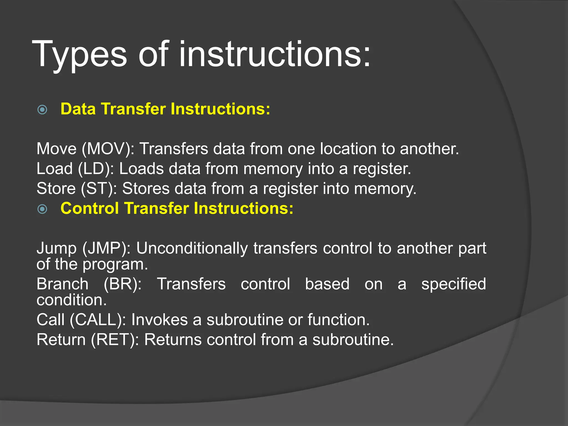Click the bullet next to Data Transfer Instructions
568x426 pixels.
42,110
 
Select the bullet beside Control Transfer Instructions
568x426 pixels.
42,209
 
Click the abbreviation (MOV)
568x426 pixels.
108,149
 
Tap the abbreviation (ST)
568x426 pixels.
99,189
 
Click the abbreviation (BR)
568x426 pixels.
122,284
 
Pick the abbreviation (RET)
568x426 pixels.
115,340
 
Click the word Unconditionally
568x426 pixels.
192,248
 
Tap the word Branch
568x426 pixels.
62,284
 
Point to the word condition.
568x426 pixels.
72,300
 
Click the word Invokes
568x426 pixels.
159,320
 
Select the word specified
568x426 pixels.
453,284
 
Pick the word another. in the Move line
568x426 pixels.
429,149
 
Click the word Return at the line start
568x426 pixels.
61,340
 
